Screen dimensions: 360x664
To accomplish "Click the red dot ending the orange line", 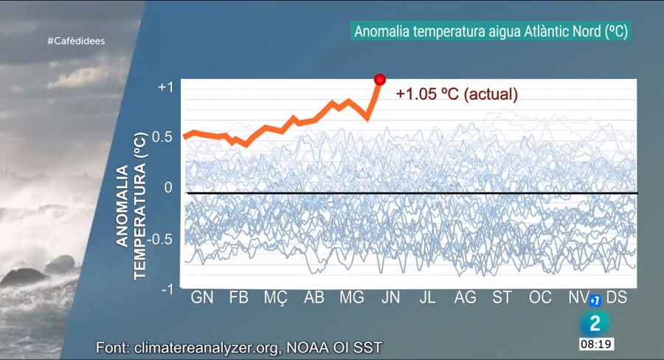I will coord(380,79).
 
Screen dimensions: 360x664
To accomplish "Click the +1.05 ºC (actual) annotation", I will coord(457,94).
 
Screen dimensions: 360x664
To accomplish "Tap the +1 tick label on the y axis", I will coord(165,87).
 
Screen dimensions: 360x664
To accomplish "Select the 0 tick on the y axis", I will coord(167,187).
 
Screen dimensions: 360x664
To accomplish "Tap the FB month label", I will coord(238,297).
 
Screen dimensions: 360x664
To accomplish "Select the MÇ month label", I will coord(276,297).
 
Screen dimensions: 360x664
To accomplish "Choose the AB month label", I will coord(314,297).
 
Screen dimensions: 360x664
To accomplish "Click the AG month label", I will coord(465,297).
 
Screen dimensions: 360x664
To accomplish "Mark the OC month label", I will coord(540,297).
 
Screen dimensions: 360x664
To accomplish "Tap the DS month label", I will coord(616,297).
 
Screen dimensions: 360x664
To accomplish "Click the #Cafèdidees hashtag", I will coord(75,41).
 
